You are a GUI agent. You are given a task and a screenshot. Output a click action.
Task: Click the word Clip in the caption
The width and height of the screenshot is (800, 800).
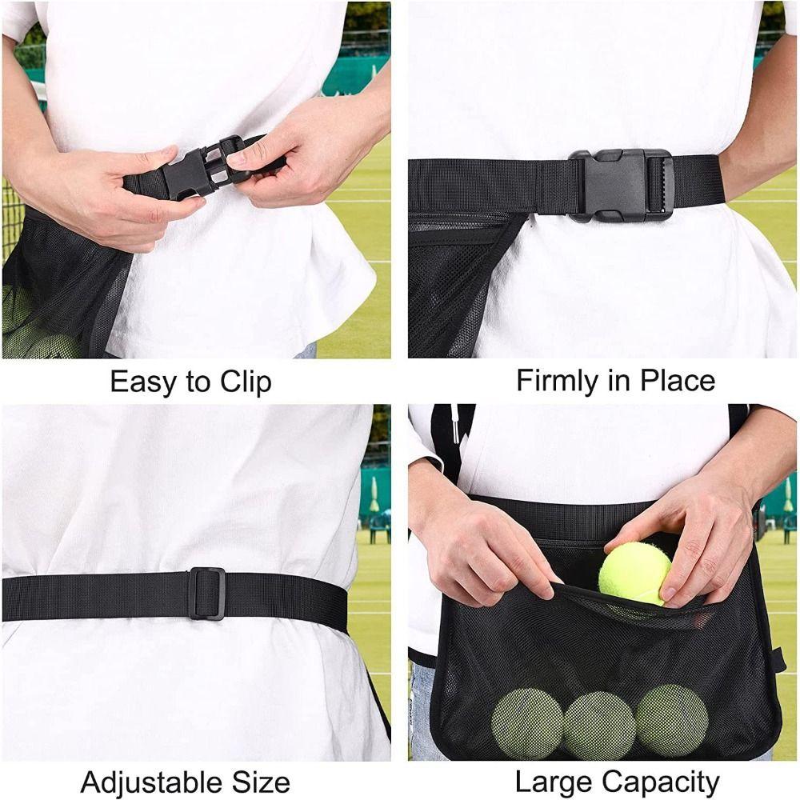243,382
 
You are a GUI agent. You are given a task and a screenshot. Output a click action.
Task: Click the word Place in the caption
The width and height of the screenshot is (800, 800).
675,381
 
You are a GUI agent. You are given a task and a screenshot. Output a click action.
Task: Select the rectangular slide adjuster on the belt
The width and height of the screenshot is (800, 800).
207,594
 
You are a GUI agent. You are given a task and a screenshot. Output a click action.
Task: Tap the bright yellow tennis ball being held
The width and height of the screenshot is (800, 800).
634,573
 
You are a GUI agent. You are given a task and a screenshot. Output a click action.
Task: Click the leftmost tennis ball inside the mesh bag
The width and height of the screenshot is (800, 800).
527,724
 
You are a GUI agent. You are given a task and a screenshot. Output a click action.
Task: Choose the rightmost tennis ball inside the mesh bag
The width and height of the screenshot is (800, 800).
671,721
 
